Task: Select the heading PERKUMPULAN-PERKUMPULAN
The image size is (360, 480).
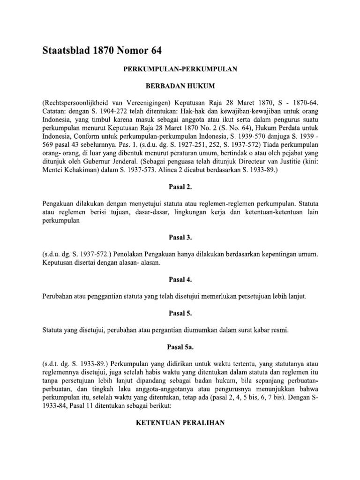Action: (x=180, y=69)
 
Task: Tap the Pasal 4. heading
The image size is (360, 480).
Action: (x=180, y=280)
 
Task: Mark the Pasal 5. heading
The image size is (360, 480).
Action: (x=180, y=314)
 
